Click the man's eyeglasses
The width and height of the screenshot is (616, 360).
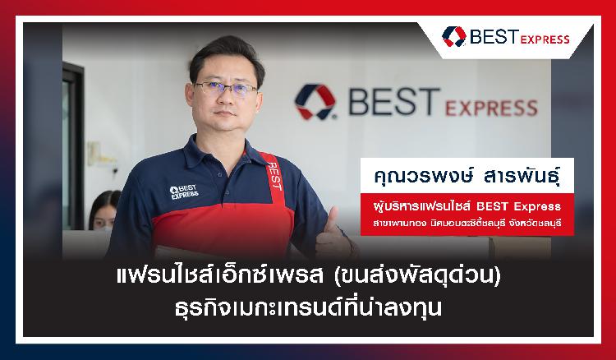pyautogui.click(x=225, y=89)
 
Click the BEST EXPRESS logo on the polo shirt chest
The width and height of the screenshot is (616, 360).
pyautogui.click(x=184, y=192)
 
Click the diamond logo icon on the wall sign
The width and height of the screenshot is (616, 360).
pyautogui.click(x=315, y=101)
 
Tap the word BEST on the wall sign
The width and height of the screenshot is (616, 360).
pyautogui.click(x=394, y=101)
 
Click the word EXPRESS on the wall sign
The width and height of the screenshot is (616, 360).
pyautogui.click(x=491, y=108)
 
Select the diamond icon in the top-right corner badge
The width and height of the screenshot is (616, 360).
pyautogui.click(x=453, y=36)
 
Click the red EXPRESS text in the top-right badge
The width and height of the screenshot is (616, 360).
pyautogui.click(x=545, y=39)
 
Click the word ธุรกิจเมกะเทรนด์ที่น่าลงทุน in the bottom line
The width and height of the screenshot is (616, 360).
pyautogui.click(x=308, y=307)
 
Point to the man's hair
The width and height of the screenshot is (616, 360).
pyautogui.click(x=227, y=54)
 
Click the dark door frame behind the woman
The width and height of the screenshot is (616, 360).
pyautogui.click(x=73, y=145)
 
